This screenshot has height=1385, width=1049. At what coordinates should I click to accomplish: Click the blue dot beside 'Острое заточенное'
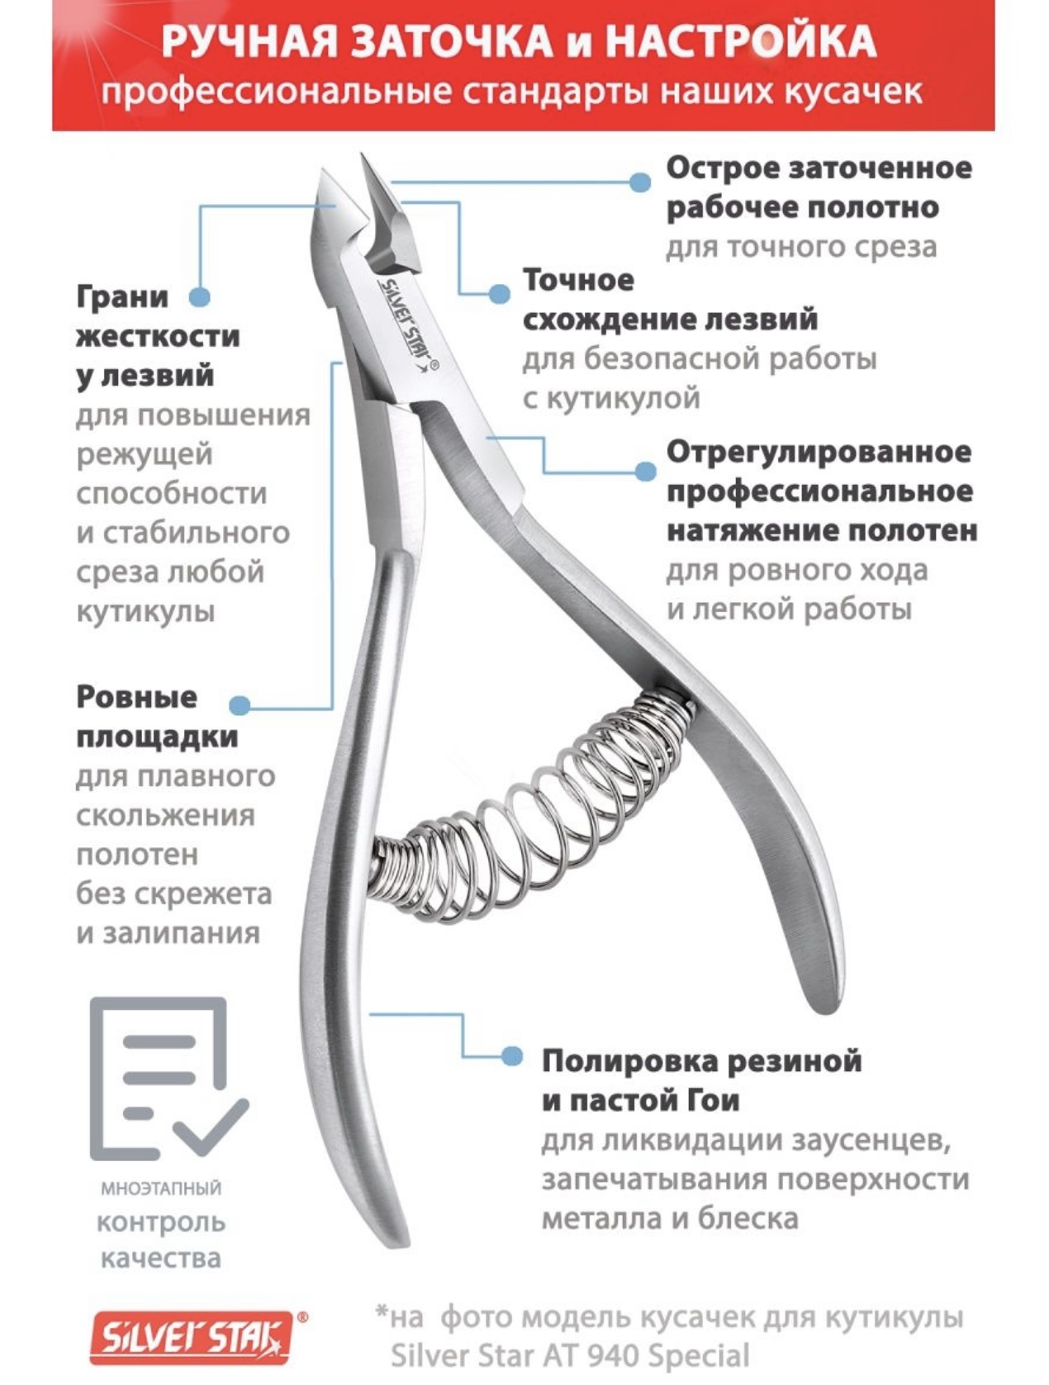coord(640,183)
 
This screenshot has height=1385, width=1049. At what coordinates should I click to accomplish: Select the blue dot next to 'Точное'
coord(500,293)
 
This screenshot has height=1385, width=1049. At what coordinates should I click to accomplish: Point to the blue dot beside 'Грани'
coord(199,296)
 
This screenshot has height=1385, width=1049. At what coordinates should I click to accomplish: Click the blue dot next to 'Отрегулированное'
coord(644,472)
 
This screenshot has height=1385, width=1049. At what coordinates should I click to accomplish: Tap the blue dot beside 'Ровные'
coord(240,704)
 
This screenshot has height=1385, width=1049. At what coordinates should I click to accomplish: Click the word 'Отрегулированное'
coord(819,453)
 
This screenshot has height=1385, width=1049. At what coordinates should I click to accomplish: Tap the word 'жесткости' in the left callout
coord(159,336)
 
